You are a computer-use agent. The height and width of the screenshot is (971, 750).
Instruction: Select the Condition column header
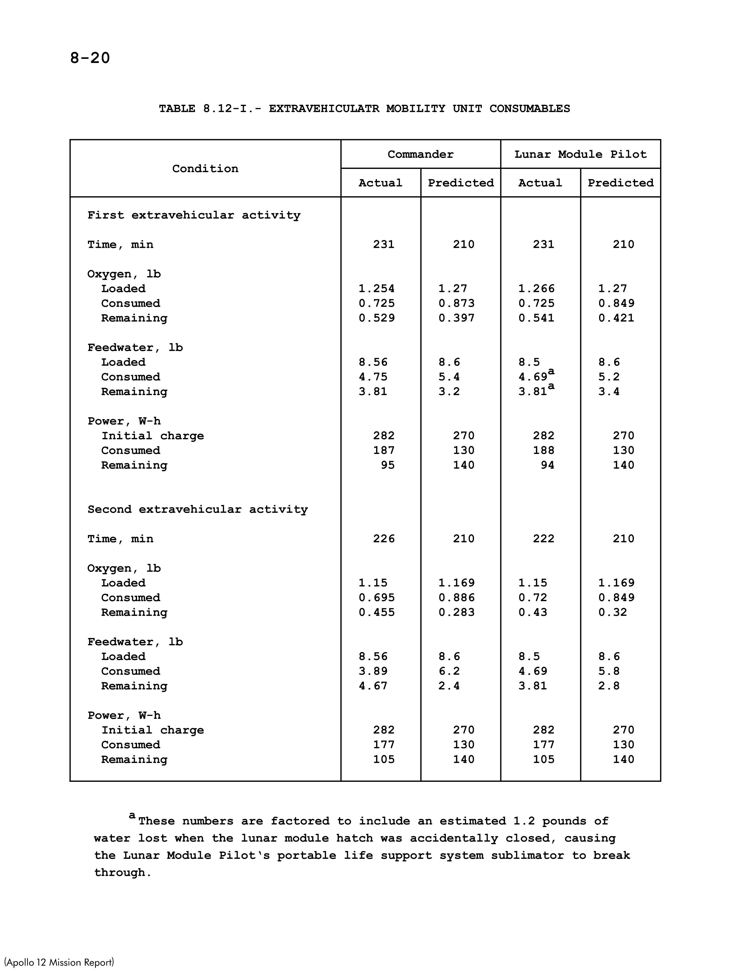[x=205, y=169]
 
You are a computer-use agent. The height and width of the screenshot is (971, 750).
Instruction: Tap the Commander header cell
[x=420, y=155]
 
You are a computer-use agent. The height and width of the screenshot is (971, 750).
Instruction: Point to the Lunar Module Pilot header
[x=580, y=155]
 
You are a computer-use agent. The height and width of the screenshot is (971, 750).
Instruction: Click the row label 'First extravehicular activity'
[x=194, y=216]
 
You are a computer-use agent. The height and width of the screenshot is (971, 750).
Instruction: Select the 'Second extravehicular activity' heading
[x=197, y=510]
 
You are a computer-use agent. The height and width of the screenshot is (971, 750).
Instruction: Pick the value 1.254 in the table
[x=376, y=289]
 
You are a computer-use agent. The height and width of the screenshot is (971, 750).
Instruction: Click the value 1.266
[x=536, y=289]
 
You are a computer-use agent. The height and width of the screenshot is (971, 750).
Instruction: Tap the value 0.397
[x=456, y=318]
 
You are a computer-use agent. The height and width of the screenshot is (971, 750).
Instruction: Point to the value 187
[x=384, y=451]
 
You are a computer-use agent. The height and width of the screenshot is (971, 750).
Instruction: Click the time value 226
[x=384, y=539]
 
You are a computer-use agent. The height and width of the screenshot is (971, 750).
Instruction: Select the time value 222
[x=544, y=539]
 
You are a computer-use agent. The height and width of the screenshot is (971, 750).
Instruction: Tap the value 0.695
[x=376, y=598]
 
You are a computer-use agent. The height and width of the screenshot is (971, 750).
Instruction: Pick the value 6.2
[x=449, y=671]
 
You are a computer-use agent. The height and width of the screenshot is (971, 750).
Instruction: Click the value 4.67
[x=373, y=686]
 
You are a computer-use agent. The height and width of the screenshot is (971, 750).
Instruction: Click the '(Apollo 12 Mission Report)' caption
[x=59, y=962]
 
